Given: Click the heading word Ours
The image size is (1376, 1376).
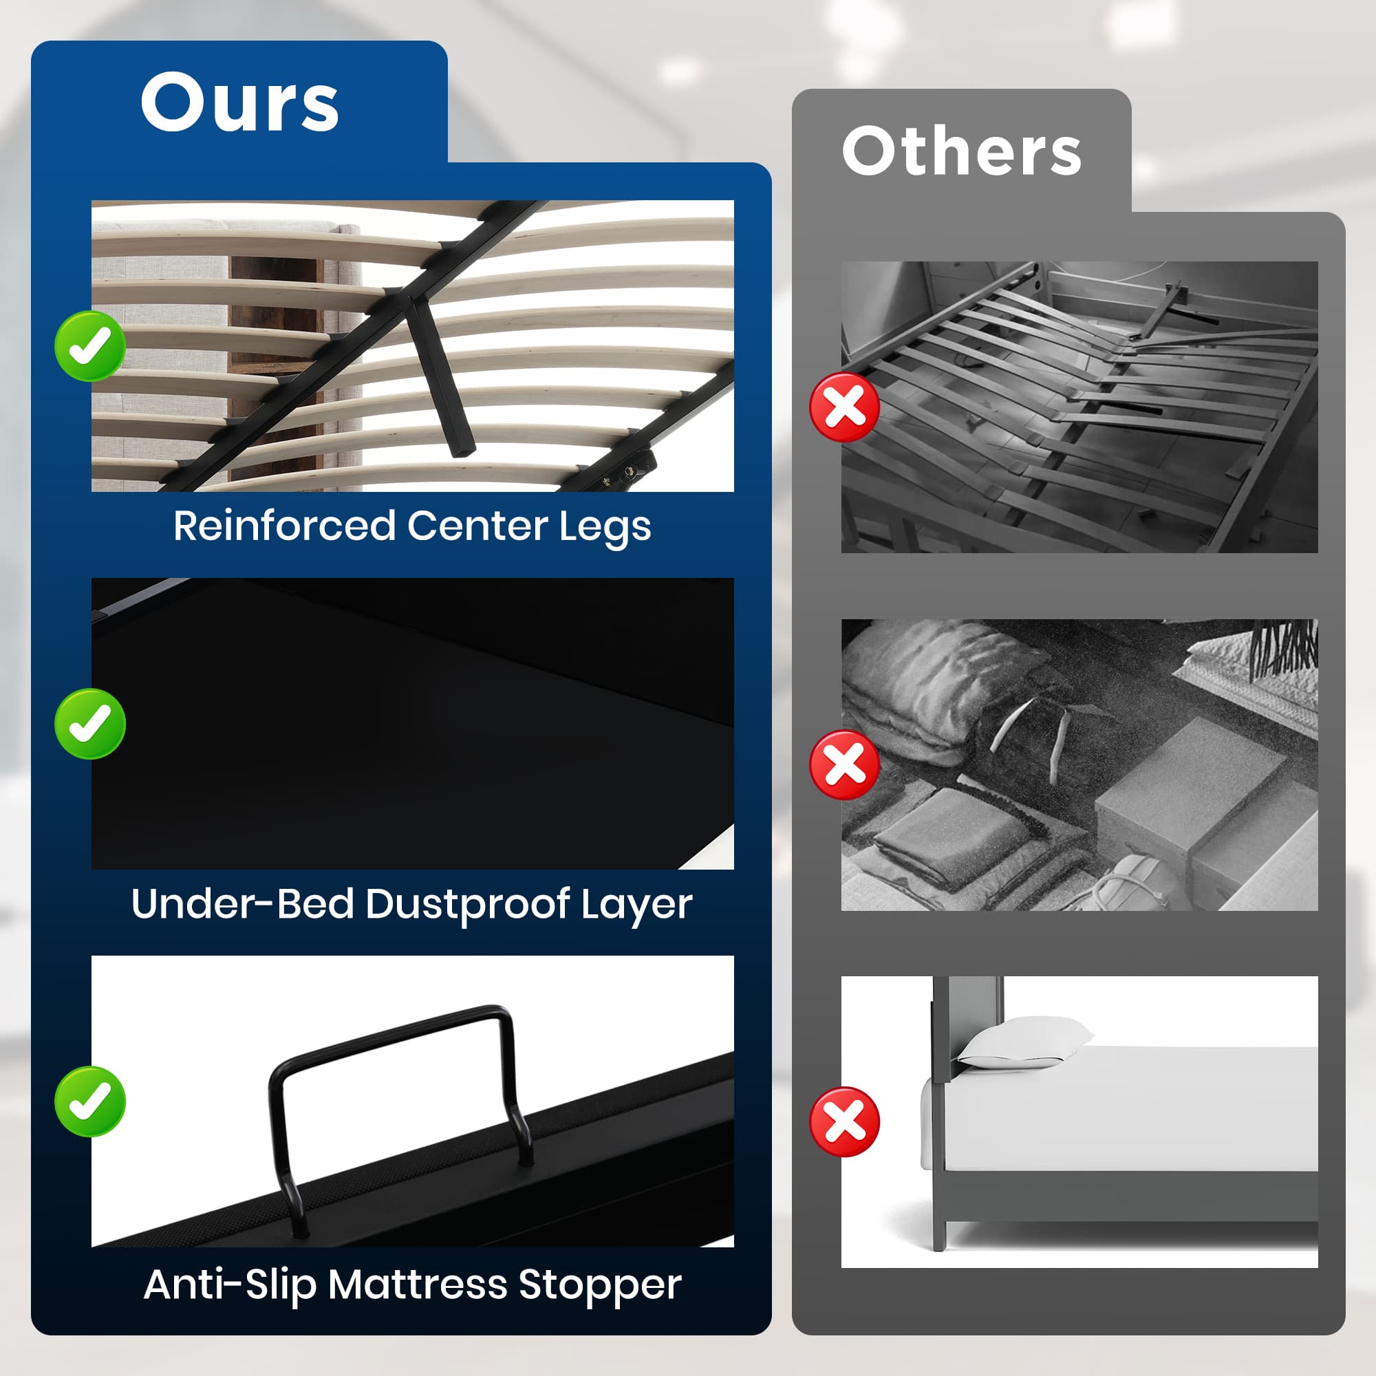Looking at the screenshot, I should [x=239, y=103].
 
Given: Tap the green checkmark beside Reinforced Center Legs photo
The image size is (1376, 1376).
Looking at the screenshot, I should [x=89, y=346].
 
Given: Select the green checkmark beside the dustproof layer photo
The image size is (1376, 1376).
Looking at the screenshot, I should [x=89, y=724].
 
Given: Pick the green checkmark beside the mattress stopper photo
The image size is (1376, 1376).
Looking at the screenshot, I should [x=89, y=1101].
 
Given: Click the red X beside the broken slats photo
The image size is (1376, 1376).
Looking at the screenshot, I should [x=844, y=407].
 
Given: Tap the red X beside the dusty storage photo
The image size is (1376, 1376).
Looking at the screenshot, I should [x=844, y=764].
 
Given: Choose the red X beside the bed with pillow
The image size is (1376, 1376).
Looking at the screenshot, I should [x=844, y=1121].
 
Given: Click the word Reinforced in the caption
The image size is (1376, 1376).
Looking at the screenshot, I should [x=284, y=526].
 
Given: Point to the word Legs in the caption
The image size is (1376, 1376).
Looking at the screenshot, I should [x=605, y=528].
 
